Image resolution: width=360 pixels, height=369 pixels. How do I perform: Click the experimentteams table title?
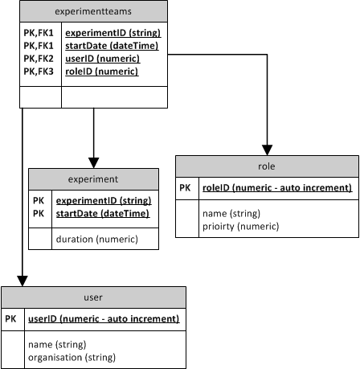94,12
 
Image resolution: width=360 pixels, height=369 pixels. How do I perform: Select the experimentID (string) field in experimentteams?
112,33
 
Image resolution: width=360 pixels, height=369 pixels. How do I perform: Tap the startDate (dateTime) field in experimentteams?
111,46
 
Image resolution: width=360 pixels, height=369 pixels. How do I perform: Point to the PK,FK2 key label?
39,59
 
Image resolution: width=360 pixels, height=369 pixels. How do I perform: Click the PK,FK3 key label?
39,71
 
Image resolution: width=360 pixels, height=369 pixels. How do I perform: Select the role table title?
267,166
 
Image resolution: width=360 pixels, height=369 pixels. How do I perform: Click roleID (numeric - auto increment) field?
276,187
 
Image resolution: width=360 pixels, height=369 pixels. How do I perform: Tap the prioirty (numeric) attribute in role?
240,228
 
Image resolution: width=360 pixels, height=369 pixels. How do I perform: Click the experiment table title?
93,179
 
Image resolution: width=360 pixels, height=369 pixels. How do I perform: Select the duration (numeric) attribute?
96,239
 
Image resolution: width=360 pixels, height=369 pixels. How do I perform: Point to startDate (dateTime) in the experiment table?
101,213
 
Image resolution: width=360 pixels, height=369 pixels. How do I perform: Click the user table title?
94,297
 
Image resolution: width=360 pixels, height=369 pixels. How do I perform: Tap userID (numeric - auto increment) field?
102,318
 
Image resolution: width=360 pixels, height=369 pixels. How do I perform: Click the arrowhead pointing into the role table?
266,150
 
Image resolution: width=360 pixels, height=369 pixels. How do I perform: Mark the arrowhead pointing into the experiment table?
94,162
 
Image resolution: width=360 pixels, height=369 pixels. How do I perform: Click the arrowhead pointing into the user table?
22,280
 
